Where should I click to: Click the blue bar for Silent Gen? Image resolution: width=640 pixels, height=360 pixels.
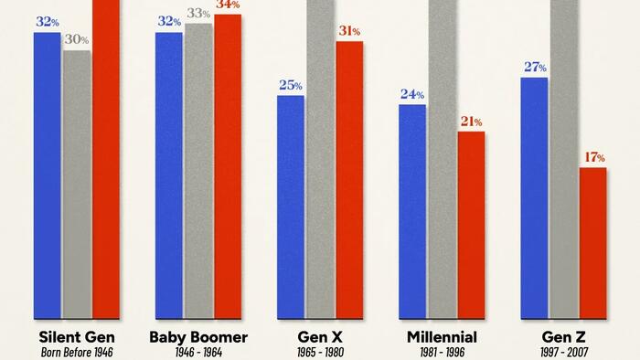tap(47, 175)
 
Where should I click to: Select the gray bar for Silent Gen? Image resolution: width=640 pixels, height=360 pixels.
tap(77, 184)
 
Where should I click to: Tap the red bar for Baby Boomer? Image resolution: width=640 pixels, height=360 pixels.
tap(228, 165)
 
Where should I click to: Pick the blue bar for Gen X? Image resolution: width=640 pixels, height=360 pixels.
tap(291, 206)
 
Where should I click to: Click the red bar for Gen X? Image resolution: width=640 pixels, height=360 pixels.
tap(349, 179)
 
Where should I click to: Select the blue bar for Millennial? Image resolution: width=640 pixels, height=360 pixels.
tap(412, 210)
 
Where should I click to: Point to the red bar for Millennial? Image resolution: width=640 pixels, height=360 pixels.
tap(471, 224)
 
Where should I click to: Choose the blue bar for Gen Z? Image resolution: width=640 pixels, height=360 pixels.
tap(534, 197)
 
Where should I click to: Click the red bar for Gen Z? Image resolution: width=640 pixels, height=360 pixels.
tap(592, 242)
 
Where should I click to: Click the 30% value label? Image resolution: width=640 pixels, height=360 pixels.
tap(77, 40)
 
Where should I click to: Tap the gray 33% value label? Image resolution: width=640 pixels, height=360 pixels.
tap(198, 14)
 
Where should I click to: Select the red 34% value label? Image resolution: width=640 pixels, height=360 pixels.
tap(228, 5)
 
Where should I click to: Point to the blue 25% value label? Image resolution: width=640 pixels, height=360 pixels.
tap(291, 86)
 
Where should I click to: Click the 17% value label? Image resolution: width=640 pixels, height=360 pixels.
tap(593, 158)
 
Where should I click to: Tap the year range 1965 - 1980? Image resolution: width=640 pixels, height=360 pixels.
tap(320, 352)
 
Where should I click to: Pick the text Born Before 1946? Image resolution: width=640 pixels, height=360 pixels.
tap(77, 352)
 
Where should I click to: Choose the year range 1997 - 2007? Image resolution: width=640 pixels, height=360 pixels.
tap(563, 352)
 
